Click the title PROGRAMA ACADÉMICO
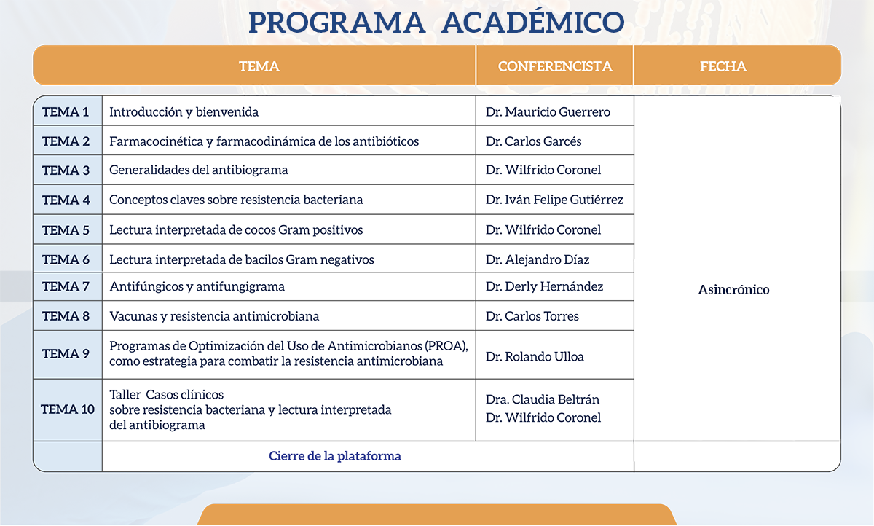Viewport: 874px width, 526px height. pyautogui.click(x=436, y=22)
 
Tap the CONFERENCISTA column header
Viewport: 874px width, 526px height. pyautogui.click(x=555, y=66)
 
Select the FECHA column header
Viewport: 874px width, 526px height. pyautogui.click(x=723, y=66)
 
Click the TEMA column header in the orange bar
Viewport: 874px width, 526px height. pyautogui.click(x=259, y=66)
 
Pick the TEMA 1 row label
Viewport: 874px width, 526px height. pyautogui.click(x=66, y=112)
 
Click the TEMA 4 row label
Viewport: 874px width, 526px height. pyautogui.click(x=66, y=200)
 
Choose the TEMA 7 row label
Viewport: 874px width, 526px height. pyautogui.click(x=66, y=287)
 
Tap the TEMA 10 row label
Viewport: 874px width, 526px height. pyautogui.click(x=68, y=409)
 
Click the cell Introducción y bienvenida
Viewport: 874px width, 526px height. pyautogui.click(x=184, y=112)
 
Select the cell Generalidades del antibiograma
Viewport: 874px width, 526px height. pyautogui.click(x=199, y=170)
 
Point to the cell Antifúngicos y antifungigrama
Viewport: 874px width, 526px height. pyautogui.click(x=197, y=287)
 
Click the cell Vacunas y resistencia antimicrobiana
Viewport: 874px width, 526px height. pyautogui.click(x=214, y=316)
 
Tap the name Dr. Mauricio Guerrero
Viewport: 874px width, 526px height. pyautogui.click(x=548, y=112)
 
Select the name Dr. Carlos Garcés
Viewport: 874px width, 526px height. pyautogui.click(x=533, y=141)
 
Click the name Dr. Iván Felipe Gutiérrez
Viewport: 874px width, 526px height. pyautogui.click(x=554, y=200)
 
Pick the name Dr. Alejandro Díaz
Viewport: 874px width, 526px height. pyautogui.click(x=538, y=259)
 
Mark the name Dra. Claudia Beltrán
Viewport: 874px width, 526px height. pyautogui.click(x=543, y=399)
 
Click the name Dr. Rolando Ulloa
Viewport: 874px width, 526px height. pyautogui.click(x=535, y=357)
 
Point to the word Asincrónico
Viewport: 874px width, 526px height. pyautogui.click(x=733, y=290)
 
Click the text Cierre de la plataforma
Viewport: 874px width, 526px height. pyautogui.click(x=335, y=456)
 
